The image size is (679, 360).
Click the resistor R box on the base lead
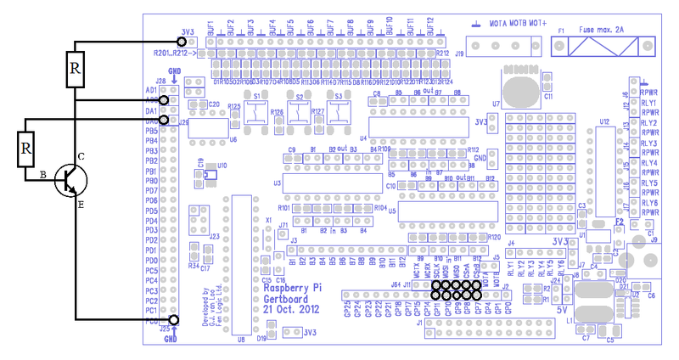(x=26, y=150)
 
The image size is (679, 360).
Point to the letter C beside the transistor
(x=81, y=156)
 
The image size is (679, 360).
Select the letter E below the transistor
(x=81, y=205)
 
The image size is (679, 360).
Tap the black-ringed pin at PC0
(x=174, y=321)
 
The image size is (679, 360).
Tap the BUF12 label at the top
(x=431, y=25)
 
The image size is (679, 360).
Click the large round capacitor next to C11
(x=517, y=88)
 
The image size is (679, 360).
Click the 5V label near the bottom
(x=561, y=311)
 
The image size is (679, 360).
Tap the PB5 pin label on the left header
(x=152, y=131)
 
